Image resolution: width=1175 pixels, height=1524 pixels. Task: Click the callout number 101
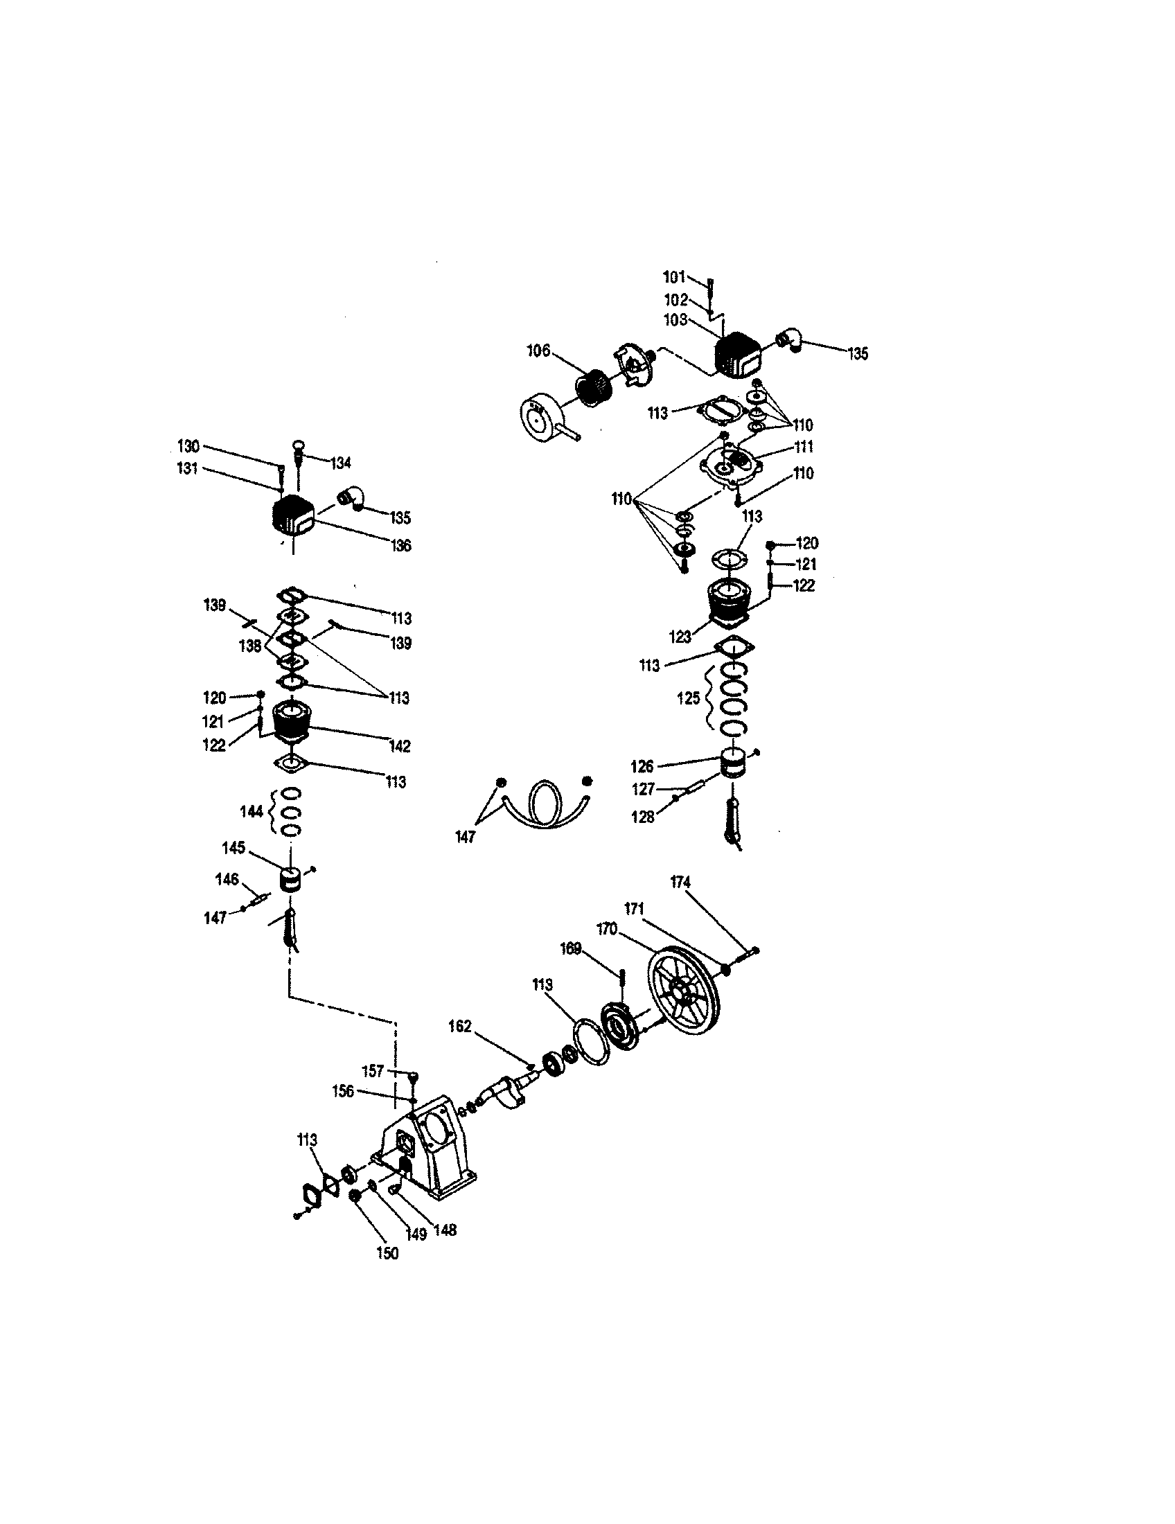(674, 277)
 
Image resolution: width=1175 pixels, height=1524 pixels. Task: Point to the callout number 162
(460, 1027)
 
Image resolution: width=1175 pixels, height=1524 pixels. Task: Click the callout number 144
(251, 811)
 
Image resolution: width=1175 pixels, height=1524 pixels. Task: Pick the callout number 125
(689, 698)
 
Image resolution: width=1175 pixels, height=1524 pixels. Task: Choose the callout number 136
(400, 545)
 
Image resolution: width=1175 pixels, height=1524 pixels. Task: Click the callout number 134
(340, 463)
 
